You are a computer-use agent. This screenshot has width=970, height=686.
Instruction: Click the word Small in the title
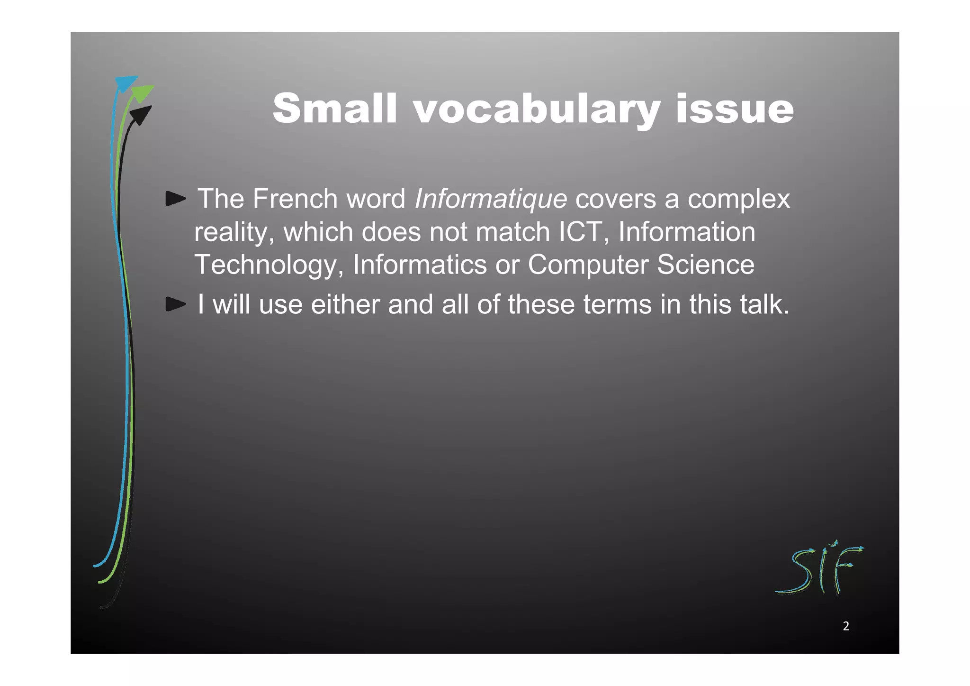(334, 109)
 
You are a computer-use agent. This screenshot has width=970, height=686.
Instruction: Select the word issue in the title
(734, 109)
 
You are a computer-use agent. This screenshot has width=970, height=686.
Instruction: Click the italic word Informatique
(490, 199)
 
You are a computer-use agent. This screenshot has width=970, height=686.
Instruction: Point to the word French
(295, 199)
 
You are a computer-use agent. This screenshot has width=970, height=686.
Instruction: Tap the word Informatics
(419, 265)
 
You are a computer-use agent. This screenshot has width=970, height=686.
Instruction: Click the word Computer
(588, 265)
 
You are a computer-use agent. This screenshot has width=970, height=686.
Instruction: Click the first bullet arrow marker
(175, 199)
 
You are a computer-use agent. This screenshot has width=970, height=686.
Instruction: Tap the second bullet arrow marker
(175, 304)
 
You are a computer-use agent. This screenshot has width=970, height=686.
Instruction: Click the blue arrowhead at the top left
(126, 83)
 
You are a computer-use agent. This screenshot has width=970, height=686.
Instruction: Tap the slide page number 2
(846, 626)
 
